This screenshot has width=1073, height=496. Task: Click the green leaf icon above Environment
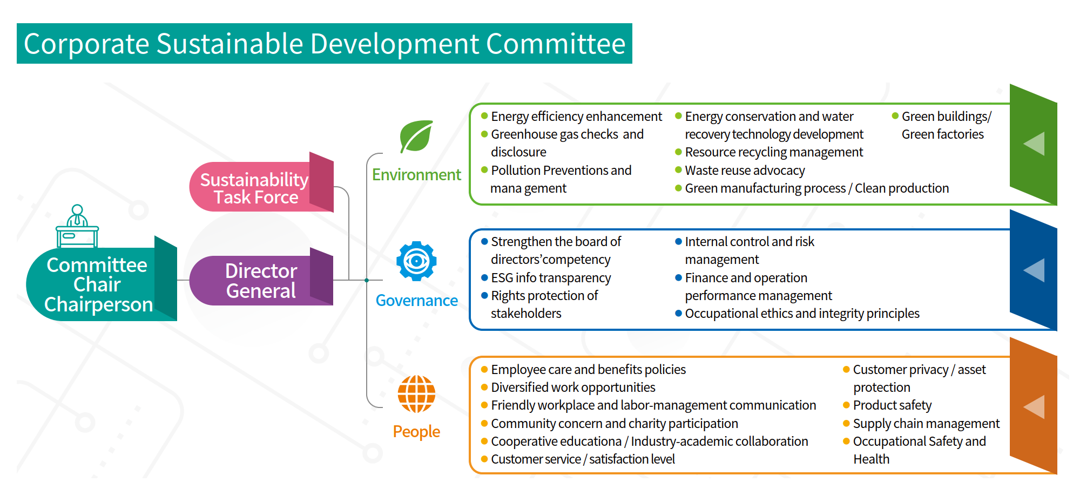click(416, 137)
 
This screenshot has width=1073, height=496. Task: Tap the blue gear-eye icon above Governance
click(416, 261)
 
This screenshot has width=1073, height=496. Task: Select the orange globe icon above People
click(416, 394)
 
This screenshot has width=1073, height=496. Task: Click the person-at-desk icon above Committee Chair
click(77, 226)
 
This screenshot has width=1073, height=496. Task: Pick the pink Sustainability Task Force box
click(261, 186)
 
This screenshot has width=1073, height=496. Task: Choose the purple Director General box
click(261, 280)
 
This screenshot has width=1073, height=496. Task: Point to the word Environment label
click(416, 175)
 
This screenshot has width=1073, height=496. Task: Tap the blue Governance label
click(416, 301)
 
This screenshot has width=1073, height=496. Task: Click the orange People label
click(416, 432)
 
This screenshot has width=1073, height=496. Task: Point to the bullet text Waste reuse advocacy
click(745, 171)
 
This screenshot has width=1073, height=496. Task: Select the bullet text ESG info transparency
click(551, 278)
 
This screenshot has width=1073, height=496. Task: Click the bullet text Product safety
click(892, 405)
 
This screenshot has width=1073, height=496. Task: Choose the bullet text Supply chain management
click(926, 424)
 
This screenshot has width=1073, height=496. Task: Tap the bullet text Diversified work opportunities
click(573, 388)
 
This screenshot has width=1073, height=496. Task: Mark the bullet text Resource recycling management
click(774, 152)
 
